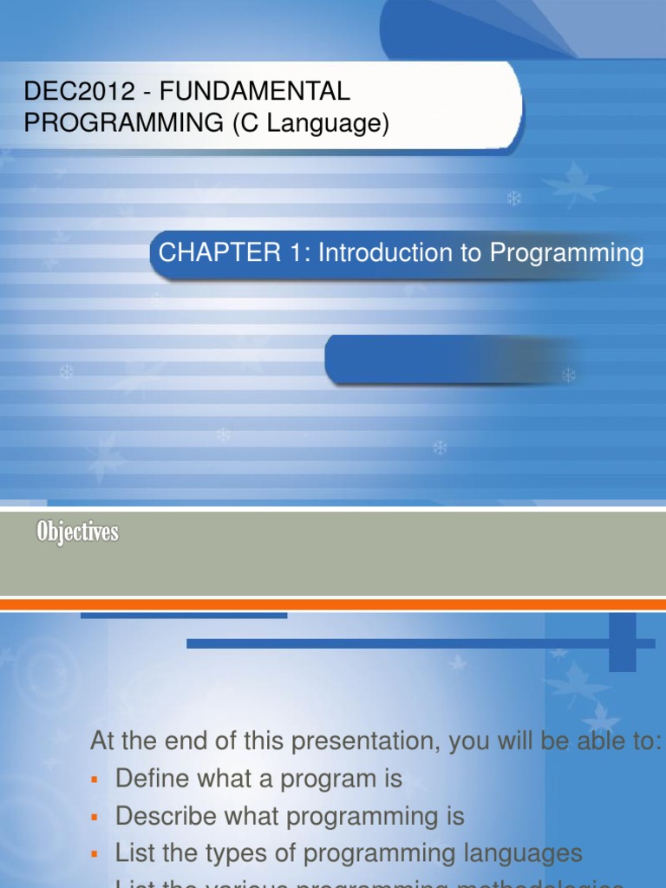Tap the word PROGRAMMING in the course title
tap(123, 124)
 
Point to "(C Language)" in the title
tap(310, 124)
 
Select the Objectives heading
tap(77, 532)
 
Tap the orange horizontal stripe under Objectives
tap(333, 604)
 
